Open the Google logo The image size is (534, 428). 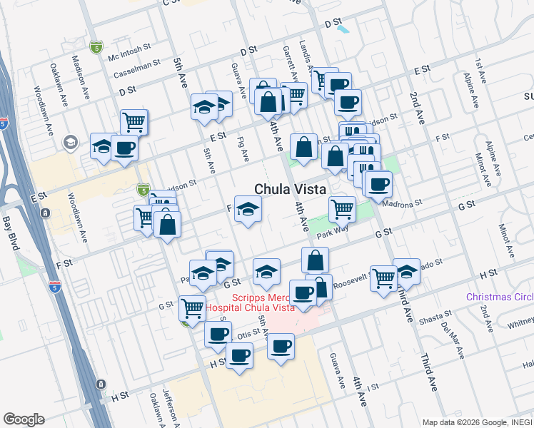click(24, 419)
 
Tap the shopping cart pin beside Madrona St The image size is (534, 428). click(343, 209)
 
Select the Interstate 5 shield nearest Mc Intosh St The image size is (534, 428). click(96, 47)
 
